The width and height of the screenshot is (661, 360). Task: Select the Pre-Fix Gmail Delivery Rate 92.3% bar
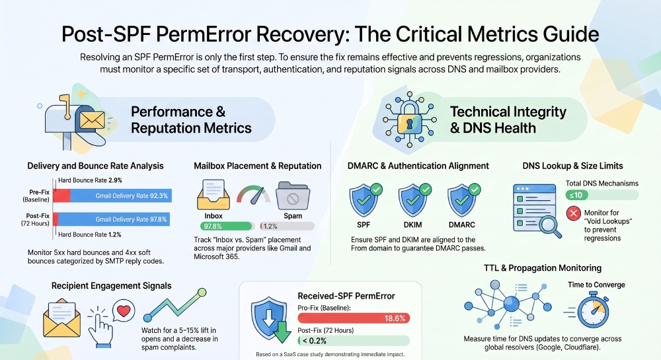tap(120, 196)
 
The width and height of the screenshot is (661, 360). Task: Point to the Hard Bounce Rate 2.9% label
tap(90, 180)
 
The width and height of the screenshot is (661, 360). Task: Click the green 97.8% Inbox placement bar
tap(226, 226)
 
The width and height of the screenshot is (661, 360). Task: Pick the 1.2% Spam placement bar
tap(287, 226)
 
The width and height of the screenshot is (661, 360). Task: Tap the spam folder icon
tap(293, 196)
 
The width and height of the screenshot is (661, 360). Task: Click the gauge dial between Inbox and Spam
tap(253, 195)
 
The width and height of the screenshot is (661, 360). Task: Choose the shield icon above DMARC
tap(463, 200)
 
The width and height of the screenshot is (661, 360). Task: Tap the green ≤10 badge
tap(576, 195)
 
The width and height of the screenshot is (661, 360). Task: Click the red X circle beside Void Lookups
tap(573, 213)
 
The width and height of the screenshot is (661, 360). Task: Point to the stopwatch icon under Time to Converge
tap(592, 312)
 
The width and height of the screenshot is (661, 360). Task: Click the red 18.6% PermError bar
tap(354, 318)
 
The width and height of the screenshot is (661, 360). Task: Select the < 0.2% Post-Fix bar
tap(354, 341)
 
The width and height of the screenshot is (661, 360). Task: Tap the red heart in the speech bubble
tap(124, 310)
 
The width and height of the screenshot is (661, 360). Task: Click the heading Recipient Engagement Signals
tap(111, 286)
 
